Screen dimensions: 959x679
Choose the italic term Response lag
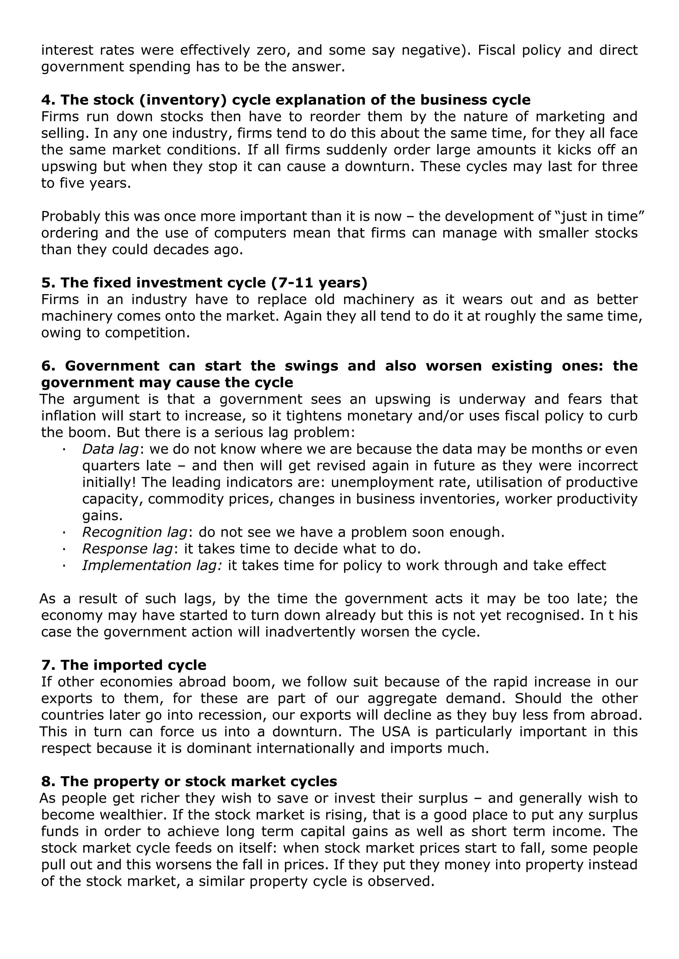click(127, 549)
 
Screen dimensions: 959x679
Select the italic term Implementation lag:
click(152, 566)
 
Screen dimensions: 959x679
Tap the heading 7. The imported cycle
click(124, 665)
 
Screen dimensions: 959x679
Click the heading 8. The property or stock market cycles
click(189, 782)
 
